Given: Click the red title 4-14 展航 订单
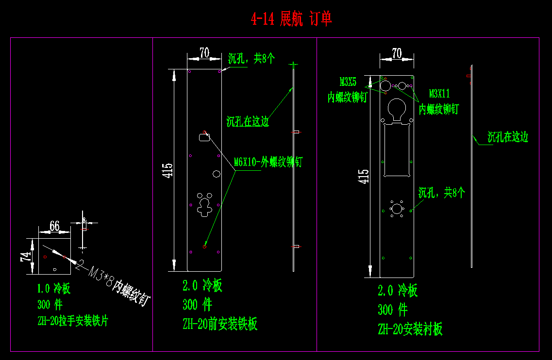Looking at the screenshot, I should (x=291, y=19).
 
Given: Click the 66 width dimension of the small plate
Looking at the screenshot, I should (x=54, y=226).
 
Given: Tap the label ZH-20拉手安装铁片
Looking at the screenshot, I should (x=73, y=321).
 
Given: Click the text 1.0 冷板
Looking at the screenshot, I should (x=54, y=289).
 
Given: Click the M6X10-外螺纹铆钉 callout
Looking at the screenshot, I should (x=268, y=162).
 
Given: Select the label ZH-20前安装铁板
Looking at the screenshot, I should (x=220, y=324).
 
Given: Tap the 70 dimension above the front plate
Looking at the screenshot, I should (x=204, y=53).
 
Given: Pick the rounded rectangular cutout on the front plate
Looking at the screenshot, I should (x=204, y=137).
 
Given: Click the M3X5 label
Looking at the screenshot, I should (x=348, y=81).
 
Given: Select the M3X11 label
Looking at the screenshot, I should (x=439, y=93).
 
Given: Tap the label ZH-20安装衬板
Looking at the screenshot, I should (x=410, y=329).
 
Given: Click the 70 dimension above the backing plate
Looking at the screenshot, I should (x=397, y=53).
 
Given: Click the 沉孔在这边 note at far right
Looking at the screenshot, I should (x=507, y=137).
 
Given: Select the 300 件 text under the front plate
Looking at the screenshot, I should (x=197, y=305).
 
